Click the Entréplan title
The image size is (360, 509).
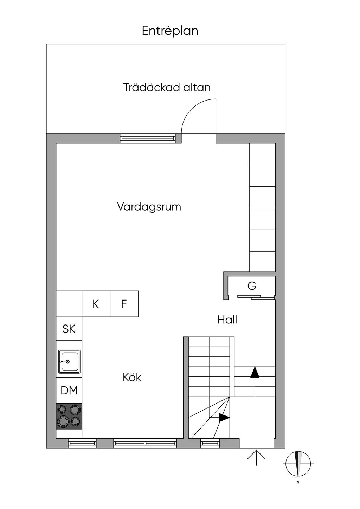(170, 31)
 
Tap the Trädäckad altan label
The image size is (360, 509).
(167, 87)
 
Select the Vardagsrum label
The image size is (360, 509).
(149, 207)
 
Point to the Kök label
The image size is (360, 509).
(132, 378)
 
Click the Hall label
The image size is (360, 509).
(227, 320)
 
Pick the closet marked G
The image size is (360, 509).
(252, 286)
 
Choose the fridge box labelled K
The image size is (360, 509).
(96, 304)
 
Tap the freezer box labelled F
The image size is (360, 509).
(124, 304)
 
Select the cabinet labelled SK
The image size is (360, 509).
(69, 329)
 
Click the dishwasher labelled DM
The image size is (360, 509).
(69, 391)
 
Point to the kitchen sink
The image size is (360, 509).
(69, 361)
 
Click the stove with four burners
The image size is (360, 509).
(69, 416)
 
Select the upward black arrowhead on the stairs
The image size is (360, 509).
(255, 372)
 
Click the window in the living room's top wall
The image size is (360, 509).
(148, 138)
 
